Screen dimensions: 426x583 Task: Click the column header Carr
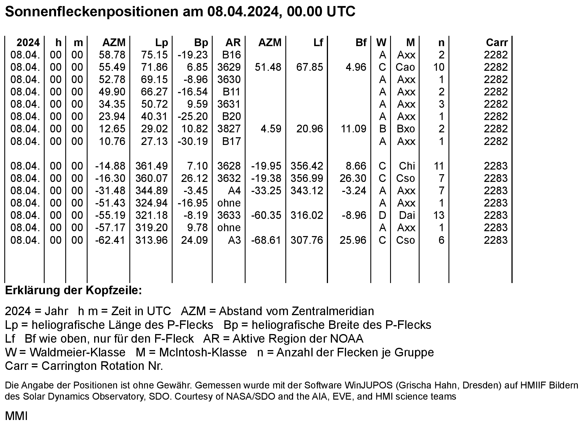(497, 43)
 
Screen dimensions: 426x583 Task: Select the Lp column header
(161, 43)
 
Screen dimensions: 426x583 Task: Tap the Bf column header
(361, 43)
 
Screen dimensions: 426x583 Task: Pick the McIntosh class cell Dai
(407, 215)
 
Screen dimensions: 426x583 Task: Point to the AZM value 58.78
(112, 55)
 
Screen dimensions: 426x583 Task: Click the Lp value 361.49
(151, 166)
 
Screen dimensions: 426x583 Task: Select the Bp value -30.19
(193, 142)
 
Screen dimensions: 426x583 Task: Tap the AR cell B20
(232, 117)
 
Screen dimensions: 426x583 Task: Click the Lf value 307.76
(307, 240)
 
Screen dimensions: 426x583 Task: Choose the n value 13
(439, 215)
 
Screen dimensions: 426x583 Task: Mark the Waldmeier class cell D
(382, 215)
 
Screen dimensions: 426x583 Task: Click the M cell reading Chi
(407, 166)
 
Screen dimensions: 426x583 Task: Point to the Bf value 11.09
(353, 129)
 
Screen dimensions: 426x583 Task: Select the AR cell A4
(234, 191)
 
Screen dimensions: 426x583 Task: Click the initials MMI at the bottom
(16, 416)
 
